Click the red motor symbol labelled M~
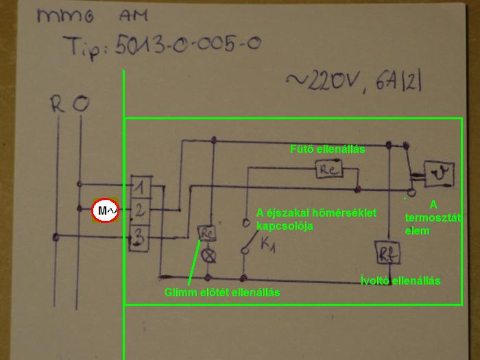pyautogui.click(x=106, y=211)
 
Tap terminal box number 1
pyautogui.click(x=140, y=186)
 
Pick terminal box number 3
pyautogui.click(x=140, y=238)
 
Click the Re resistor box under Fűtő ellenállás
pyautogui.click(x=328, y=169)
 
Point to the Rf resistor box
pyautogui.click(x=383, y=252)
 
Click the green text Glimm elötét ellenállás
pyautogui.click(x=222, y=293)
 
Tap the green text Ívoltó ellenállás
pyautogui.click(x=400, y=280)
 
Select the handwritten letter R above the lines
pyautogui.click(x=58, y=106)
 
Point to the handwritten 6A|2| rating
pyautogui.click(x=400, y=83)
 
